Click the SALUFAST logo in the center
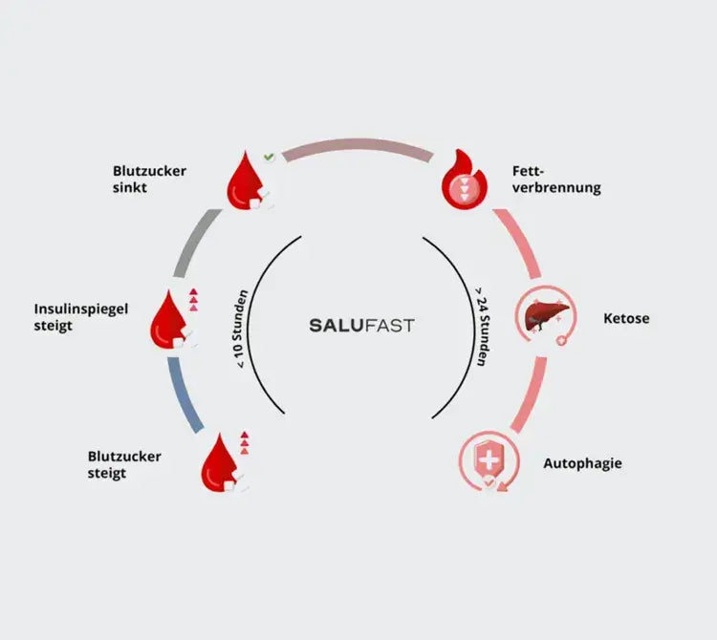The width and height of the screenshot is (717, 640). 361,325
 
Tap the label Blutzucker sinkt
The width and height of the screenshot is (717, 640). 149,179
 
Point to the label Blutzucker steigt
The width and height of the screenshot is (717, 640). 124,464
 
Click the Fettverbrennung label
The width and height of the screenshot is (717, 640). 556,180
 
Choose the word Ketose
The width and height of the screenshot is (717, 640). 626,318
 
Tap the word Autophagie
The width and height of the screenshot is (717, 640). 582,463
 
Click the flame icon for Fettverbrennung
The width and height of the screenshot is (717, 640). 463,180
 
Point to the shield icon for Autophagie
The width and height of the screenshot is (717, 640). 488,460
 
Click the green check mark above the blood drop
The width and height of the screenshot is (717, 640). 270,156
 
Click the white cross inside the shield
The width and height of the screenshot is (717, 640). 488,459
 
